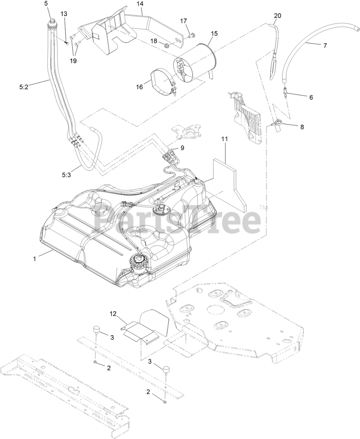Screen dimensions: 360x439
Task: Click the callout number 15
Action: point(214,34)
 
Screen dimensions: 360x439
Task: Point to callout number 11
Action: point(225,139)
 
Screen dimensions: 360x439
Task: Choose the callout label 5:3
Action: point(67,175)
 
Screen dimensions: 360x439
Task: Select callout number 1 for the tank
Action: point(34,259)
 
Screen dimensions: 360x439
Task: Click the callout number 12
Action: point(113,313)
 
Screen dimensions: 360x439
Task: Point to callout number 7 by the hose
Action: point(325,45)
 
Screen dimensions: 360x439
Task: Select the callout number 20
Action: point(277,15)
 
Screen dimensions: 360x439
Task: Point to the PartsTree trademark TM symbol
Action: point(263,208)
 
